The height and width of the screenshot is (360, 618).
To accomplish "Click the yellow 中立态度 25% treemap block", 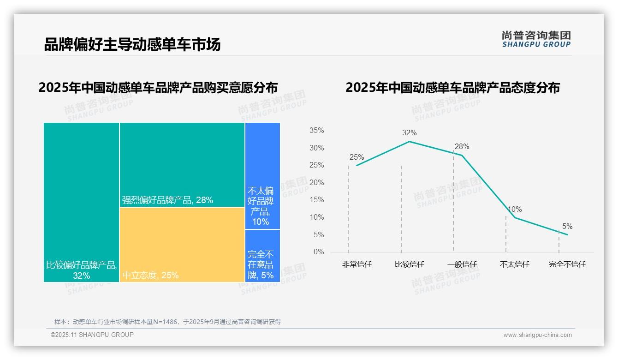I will point(182,244).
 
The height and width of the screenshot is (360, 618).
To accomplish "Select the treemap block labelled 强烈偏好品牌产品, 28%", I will point(182,164).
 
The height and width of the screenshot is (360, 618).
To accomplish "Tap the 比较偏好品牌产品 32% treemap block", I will point(81,202).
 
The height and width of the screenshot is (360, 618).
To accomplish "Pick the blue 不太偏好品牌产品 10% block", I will point(262,175).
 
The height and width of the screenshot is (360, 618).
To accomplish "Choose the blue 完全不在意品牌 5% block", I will point(262,256).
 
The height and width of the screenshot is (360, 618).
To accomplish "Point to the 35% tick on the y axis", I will point(316,131).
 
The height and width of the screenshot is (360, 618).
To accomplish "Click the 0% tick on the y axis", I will point(319,252).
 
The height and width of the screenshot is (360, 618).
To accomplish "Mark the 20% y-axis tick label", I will point(316,183).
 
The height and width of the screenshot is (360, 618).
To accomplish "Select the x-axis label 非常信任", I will point(357,264).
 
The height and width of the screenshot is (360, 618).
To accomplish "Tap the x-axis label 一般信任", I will point(462,264).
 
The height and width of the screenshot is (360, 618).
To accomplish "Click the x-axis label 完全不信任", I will point(567,264).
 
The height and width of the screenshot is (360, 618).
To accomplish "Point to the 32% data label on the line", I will point(409,133).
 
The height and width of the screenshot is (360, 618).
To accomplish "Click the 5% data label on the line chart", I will point(567,227).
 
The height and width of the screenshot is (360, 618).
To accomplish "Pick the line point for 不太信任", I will point(515,217).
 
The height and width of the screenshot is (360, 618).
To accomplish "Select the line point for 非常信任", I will point(357,165).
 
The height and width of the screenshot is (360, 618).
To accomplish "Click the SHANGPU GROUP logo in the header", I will point(536,39).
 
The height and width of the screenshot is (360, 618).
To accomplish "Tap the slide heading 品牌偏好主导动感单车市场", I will point(132,44).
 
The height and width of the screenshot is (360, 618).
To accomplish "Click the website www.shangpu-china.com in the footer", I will point(537,335).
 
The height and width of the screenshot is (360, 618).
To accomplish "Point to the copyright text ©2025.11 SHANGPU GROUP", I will point(92,335).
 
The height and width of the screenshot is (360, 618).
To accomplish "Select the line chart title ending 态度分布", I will point(452,88).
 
